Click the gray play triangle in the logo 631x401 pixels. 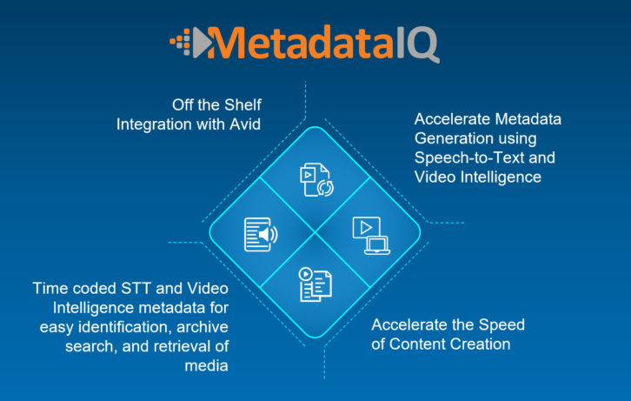(x=202, y=43)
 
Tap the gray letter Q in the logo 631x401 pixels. (x=422, y=44)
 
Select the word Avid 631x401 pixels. (x=245, y=124)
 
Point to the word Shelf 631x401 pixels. (x=242, y=104)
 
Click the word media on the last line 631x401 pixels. (x=207, y=365)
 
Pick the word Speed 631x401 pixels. (x=501, y=324)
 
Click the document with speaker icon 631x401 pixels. (x=261, y=234)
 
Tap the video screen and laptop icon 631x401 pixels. (x=371, y=236)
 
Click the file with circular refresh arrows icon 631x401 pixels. (x=316, y=180)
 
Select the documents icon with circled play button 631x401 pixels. (x=315, y=284)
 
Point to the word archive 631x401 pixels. (x=202, y=327)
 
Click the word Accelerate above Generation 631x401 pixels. (x=452, y=119)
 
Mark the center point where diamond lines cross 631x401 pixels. (x=315, y=232)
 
